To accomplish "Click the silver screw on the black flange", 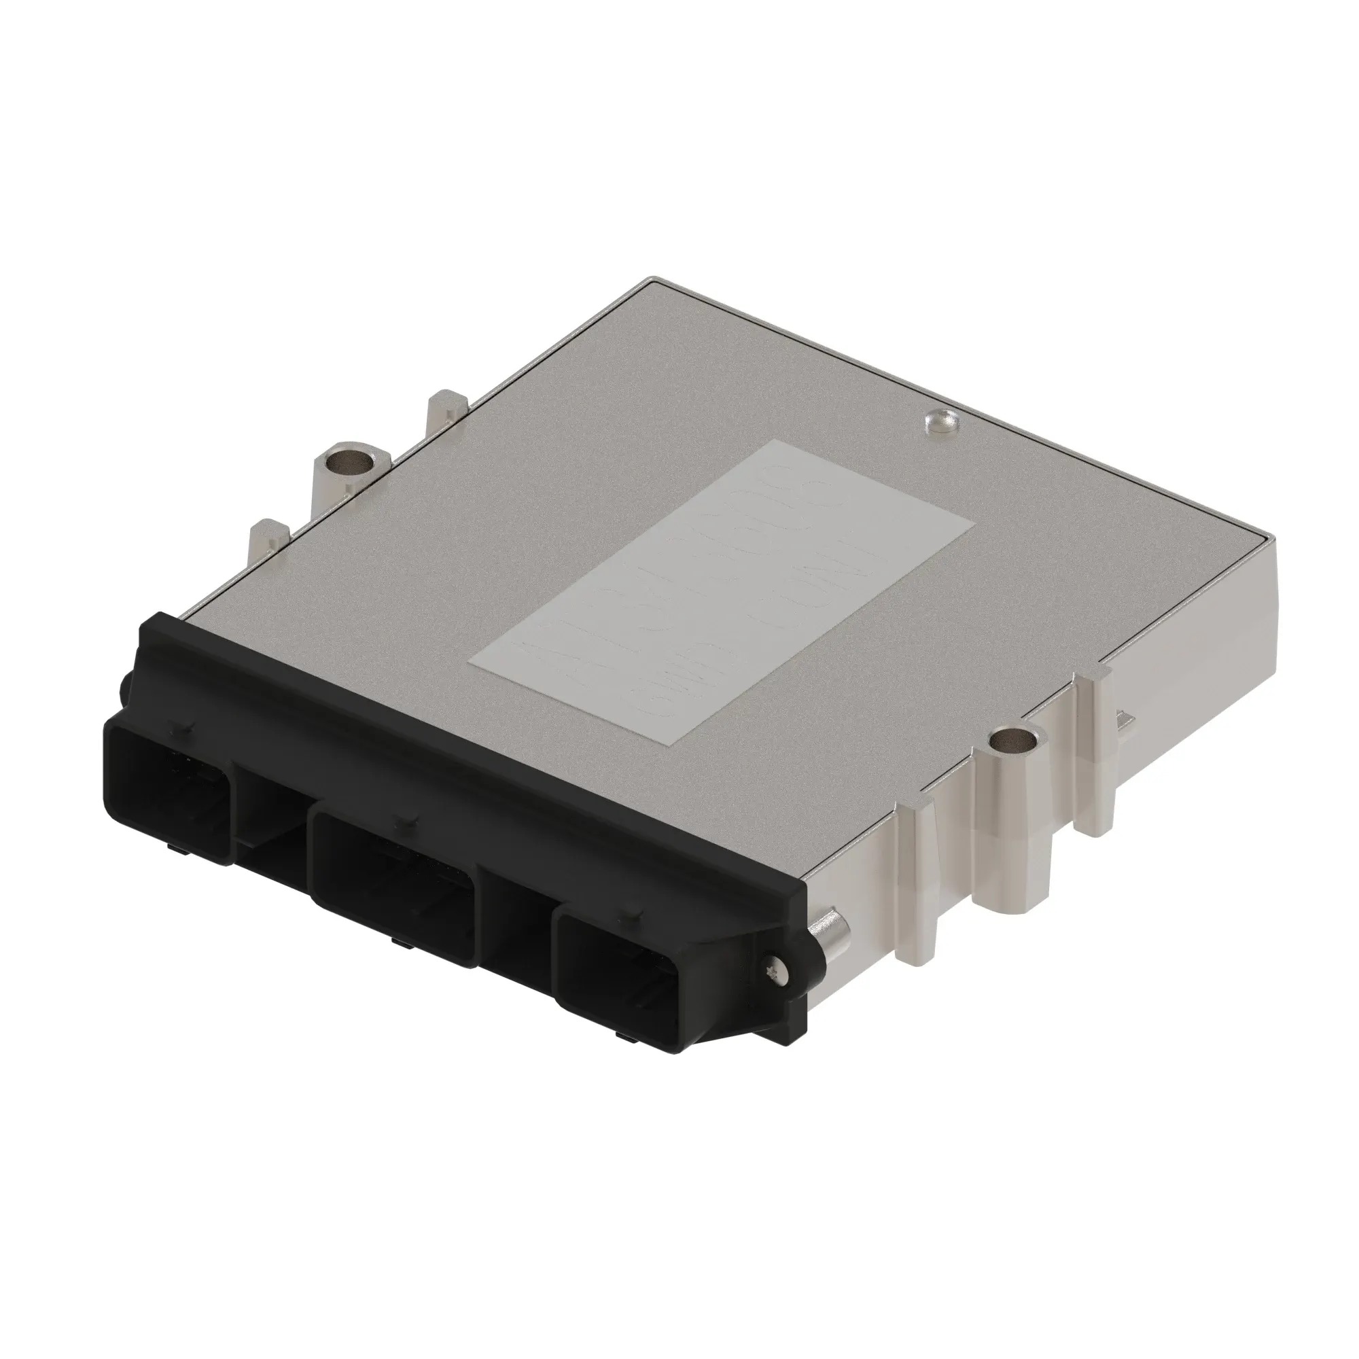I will point(775,968).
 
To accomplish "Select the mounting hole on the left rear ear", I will point(351,461).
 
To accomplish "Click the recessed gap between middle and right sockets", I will point(513,921).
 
